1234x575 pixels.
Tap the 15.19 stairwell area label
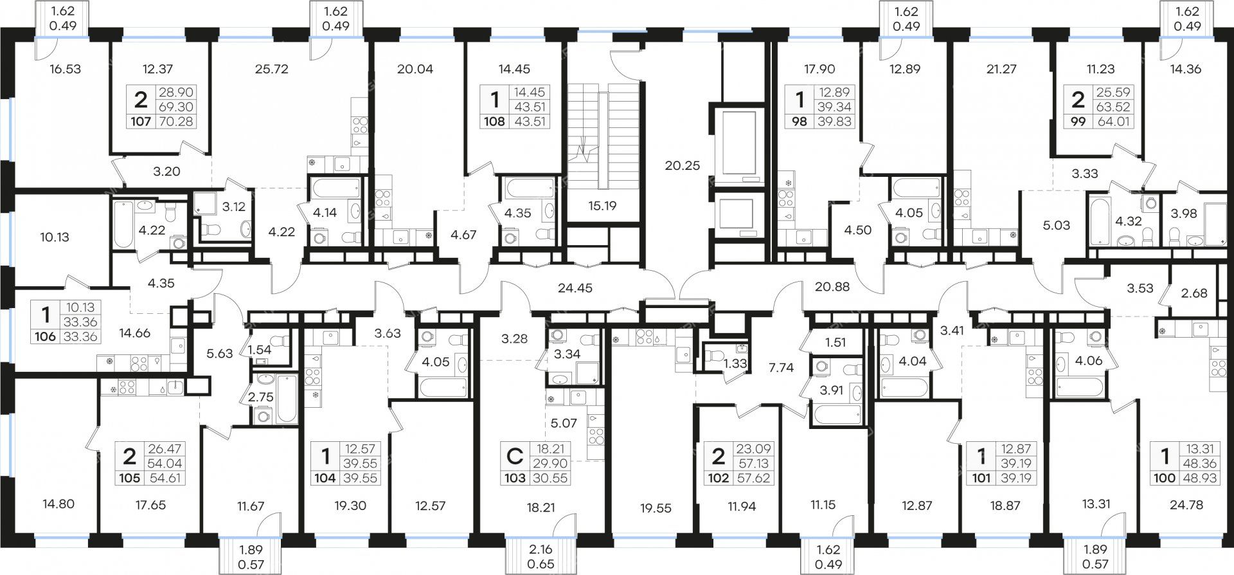pos(602,206)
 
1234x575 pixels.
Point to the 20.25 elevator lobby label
pos(683,165)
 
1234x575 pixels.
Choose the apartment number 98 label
pos(800,121)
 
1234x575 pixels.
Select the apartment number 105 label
pos(129,478)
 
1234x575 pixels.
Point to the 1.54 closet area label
pos(260,351)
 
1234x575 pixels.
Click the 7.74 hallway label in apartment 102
pos(780,368)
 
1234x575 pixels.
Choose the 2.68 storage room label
pos(1194,293)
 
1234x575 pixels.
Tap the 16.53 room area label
pos(66,68)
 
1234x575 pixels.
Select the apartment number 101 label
pos(981,478)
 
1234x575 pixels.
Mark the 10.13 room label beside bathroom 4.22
pos(54,237)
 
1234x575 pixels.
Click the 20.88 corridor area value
pos(832,287)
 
